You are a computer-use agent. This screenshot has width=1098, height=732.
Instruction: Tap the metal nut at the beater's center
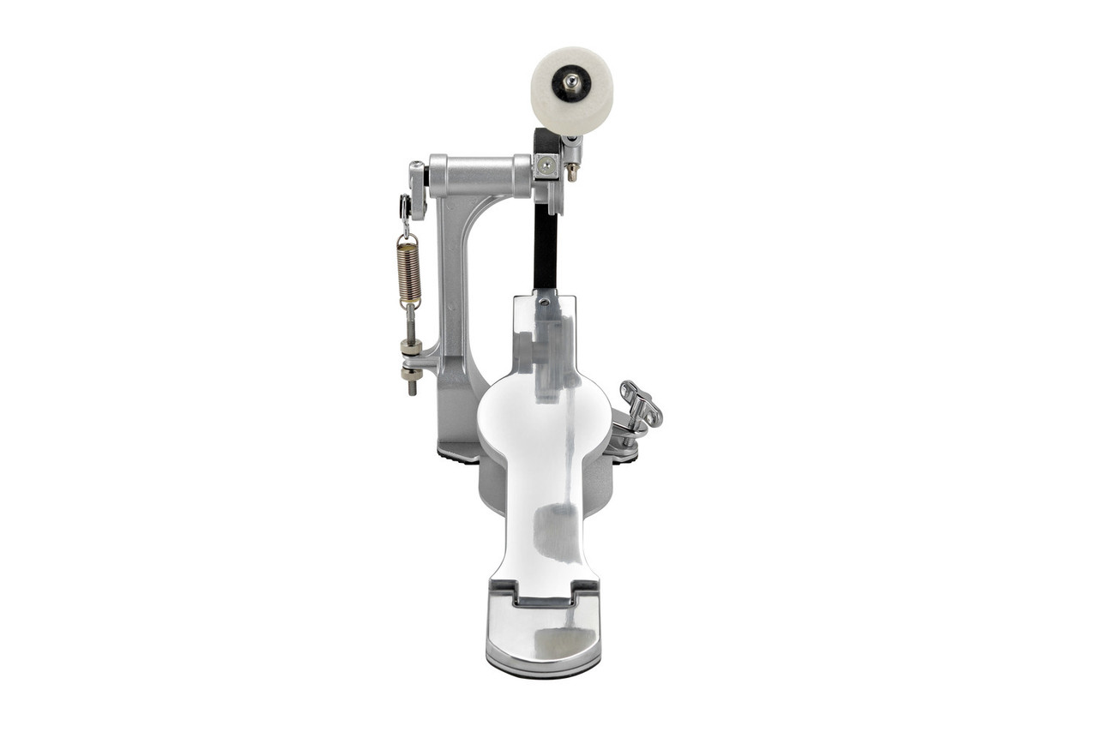click(x=571, y=81)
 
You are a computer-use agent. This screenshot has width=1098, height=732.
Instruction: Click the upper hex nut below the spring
click(x=411, y=347)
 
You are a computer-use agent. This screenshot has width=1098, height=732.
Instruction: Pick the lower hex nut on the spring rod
click(x=411, y=373)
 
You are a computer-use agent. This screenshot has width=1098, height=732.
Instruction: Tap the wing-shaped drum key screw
click(x=641, y=406)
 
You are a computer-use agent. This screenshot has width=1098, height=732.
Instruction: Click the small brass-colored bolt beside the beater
click(x=572, y=171)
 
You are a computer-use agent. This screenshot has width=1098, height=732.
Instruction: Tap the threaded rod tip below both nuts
click(x=412, y=389)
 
